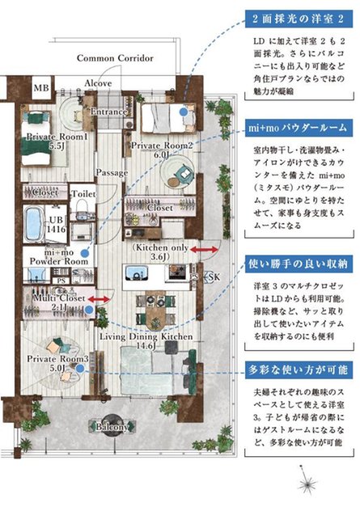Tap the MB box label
pos(40,88)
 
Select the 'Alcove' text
pos(98,82)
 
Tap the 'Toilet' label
pos(83,194)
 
